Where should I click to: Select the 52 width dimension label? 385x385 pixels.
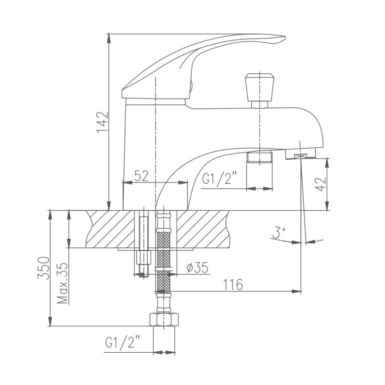(141, 176)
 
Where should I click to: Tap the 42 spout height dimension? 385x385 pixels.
(321, 183)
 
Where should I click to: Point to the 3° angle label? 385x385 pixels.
(278, 233)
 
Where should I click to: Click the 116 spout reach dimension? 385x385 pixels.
(233, 284)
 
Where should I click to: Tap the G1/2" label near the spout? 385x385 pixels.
(220, 180)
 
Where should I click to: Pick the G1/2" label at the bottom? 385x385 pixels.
(123, 343)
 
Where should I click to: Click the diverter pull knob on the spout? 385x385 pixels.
(260, 87)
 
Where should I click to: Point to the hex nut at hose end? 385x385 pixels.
(164, 320)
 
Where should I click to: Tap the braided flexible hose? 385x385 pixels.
(164, 255)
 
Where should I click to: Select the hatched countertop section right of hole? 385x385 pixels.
(207, 229)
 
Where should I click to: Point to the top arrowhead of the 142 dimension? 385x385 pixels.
(110, 37)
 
